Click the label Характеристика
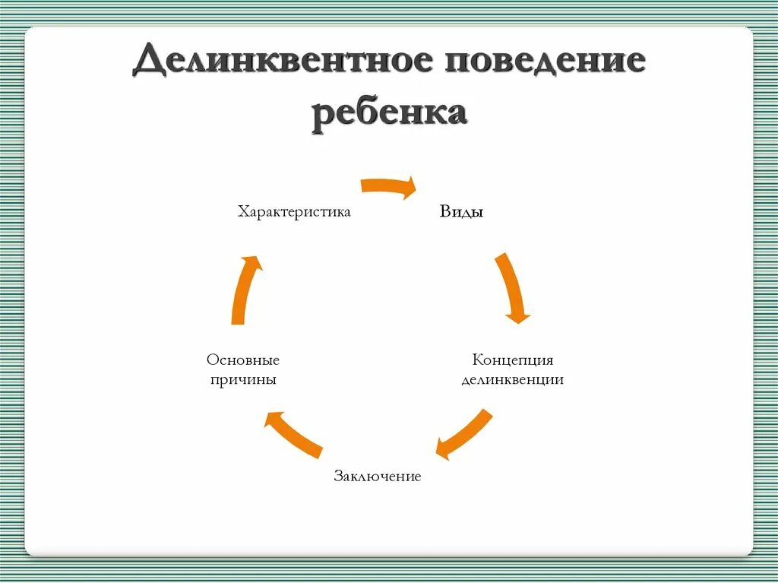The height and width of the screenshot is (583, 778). click(294, 211)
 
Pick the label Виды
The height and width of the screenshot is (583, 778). click(461, 211)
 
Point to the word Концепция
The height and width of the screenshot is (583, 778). click(513, 360)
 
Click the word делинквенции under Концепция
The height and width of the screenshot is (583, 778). click(513, 379)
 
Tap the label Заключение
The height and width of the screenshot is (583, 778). click(377, 477)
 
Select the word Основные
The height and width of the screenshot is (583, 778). click(243, 360)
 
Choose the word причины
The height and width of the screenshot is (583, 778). click(243, 379)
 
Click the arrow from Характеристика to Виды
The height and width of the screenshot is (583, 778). click(387, 186)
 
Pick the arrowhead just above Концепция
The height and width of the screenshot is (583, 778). click(518, 314)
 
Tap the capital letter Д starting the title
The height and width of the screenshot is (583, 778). click(149, 62)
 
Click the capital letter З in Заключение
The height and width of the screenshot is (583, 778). click(338, 477)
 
